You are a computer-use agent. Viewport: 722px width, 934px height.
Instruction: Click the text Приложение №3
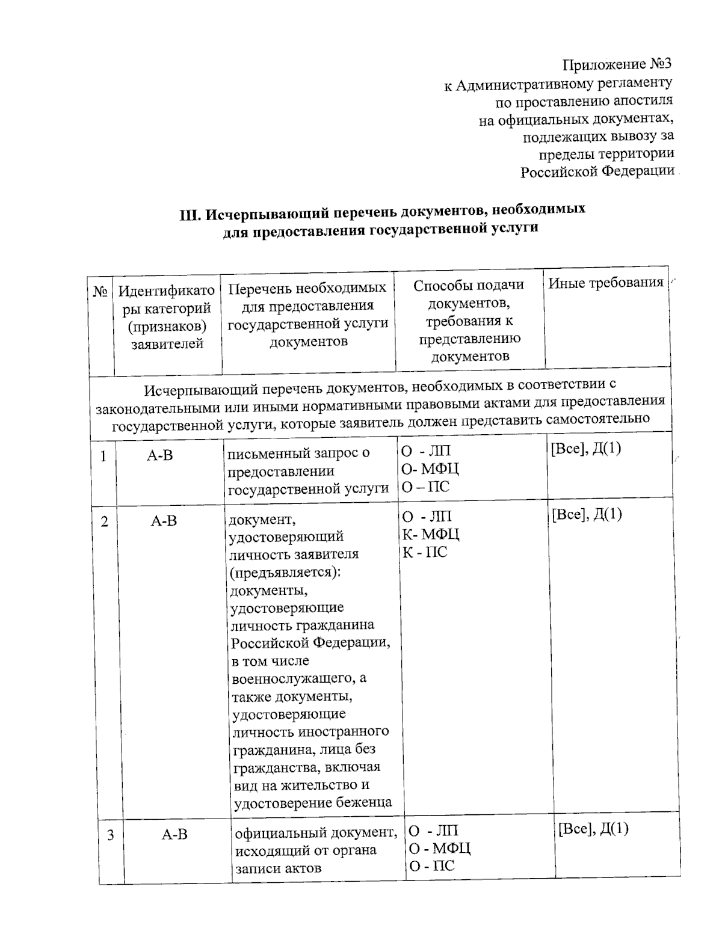point(616,64)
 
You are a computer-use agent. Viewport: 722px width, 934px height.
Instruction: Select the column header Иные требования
point(605,283)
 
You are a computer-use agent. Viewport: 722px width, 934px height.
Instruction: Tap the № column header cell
point(100,292)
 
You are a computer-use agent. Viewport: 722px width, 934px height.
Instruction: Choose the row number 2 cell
point(105,521)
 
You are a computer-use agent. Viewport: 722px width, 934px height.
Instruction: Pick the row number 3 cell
point(111,835)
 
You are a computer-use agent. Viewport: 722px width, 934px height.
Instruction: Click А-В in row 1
point(159,456)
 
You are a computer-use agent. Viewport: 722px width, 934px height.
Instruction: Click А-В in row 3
point(174,834)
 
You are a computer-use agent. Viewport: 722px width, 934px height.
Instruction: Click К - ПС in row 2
point(425,552)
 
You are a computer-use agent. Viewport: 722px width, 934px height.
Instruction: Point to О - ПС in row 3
point(431,866)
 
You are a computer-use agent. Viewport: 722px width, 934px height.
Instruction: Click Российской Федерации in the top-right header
point(597,171)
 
